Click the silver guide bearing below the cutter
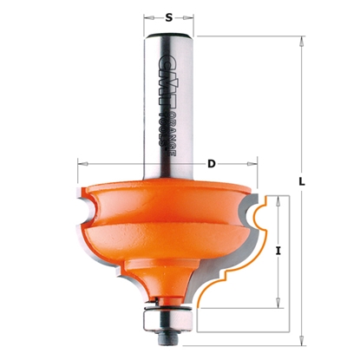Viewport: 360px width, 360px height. point(164,318)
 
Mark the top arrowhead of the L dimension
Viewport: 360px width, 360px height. point(301,39)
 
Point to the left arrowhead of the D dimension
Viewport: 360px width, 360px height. point(81,161)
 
